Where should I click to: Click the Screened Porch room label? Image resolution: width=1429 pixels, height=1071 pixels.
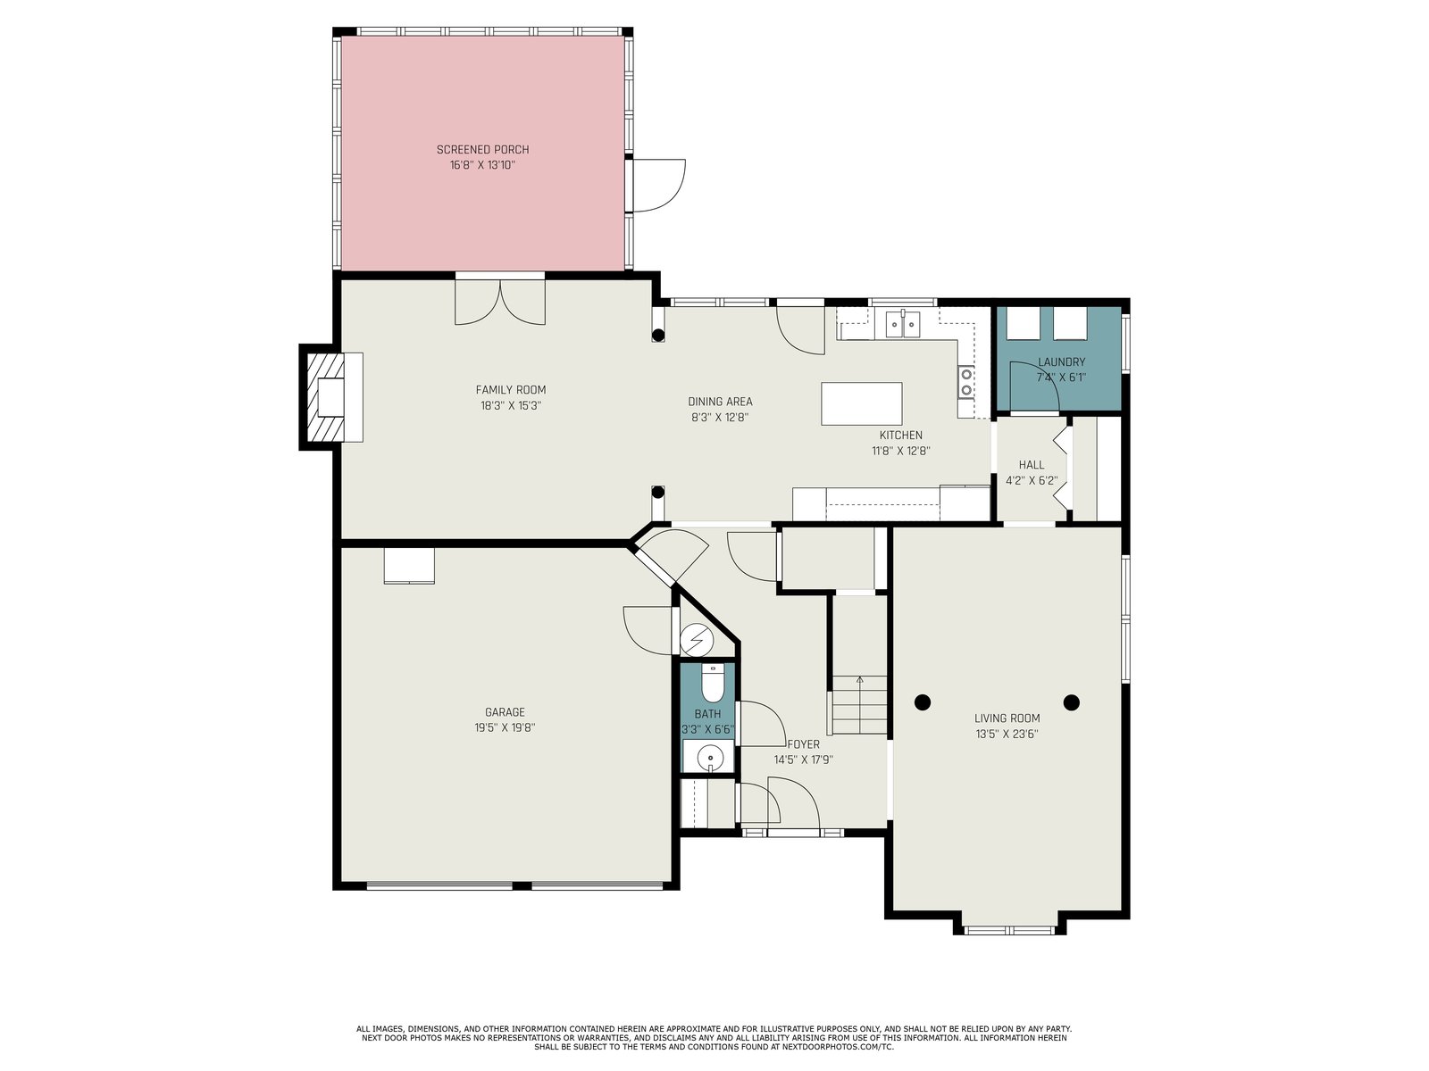coord(482,150)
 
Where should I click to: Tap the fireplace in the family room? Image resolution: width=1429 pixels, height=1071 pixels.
coord(331,396)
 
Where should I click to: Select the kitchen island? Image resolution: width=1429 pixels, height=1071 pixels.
coord(861,403)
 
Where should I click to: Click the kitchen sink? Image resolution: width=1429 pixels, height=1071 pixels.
coord(902,325)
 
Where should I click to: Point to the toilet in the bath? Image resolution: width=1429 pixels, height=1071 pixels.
coord(713,682)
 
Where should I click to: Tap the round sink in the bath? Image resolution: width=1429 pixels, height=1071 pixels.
coord(710,758)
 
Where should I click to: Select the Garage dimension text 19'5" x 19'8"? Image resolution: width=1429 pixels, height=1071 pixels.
coord(505,727)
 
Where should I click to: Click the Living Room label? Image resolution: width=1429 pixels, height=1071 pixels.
coord(1007,718)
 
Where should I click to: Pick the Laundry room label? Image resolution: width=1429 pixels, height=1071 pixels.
coord(1061,362)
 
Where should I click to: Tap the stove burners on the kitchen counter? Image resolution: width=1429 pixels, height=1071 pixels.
coord(966,382)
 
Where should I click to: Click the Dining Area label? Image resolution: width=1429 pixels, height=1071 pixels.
coord(720,402)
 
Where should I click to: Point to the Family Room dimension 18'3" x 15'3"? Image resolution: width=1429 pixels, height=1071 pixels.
coord(511,406)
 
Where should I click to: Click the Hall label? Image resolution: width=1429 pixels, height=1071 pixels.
coord(1032,465)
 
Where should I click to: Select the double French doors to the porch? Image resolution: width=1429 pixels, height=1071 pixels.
coord(500,300)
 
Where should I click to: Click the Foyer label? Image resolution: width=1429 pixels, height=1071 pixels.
coord(803,744)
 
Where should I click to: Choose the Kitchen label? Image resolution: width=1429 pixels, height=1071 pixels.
coord(901,436)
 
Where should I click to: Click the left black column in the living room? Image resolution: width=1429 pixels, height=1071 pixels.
coord(922,702)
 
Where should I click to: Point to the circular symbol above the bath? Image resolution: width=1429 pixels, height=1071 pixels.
coord(697,639)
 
